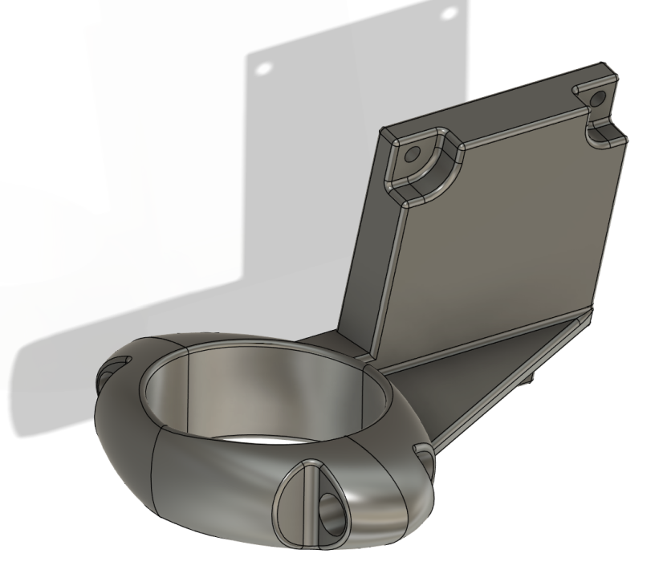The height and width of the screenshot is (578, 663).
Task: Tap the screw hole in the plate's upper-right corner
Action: (596, 99)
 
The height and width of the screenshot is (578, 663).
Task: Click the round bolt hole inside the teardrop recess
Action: (330, 507)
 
